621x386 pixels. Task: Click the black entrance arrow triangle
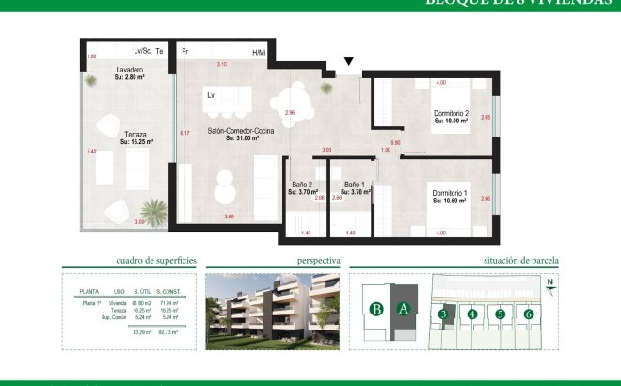tap(349, 63)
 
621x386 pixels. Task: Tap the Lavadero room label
tap(130, 71)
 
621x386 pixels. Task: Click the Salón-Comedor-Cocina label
tap(241, 134)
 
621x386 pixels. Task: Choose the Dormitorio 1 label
tap(450, 193)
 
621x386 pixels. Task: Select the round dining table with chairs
tap(298, 95)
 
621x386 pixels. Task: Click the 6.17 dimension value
tap(184, 133)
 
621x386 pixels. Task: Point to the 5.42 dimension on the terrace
tap(91, 151)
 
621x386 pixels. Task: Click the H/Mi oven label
tap(259, 52)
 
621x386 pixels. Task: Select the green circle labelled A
tap(403, 308)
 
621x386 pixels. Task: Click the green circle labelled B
tap(376, 308)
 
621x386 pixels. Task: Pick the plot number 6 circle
tap(529, 314)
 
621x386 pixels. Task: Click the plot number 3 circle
tap(442, 314)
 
